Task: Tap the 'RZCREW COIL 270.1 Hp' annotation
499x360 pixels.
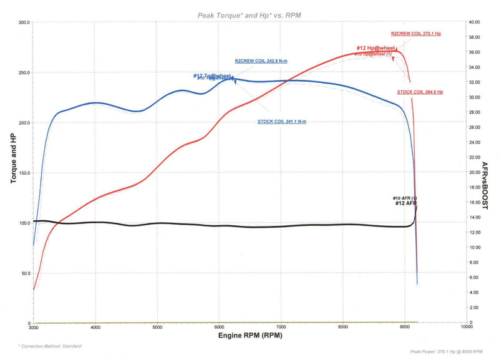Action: [x=415, y=33]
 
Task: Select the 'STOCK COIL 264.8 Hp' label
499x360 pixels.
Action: [x=419, y=92]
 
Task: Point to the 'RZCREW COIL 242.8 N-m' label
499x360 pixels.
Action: [x=261, y=61]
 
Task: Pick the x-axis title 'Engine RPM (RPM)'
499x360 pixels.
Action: [x=249, y=336]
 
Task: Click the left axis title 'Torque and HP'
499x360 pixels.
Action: [x=13, y=158]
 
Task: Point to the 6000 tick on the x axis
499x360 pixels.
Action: [x=219, y=327]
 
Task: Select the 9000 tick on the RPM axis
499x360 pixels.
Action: [x=404, y=327]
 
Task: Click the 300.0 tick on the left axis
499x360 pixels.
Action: [x=24, y=22]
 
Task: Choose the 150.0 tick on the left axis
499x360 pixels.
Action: [x=24, y=173]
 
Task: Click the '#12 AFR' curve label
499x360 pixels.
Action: [x=406, y=203]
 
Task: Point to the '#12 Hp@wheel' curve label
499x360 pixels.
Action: [x=376, y=48]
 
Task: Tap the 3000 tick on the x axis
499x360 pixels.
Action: [x=34, y=327]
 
